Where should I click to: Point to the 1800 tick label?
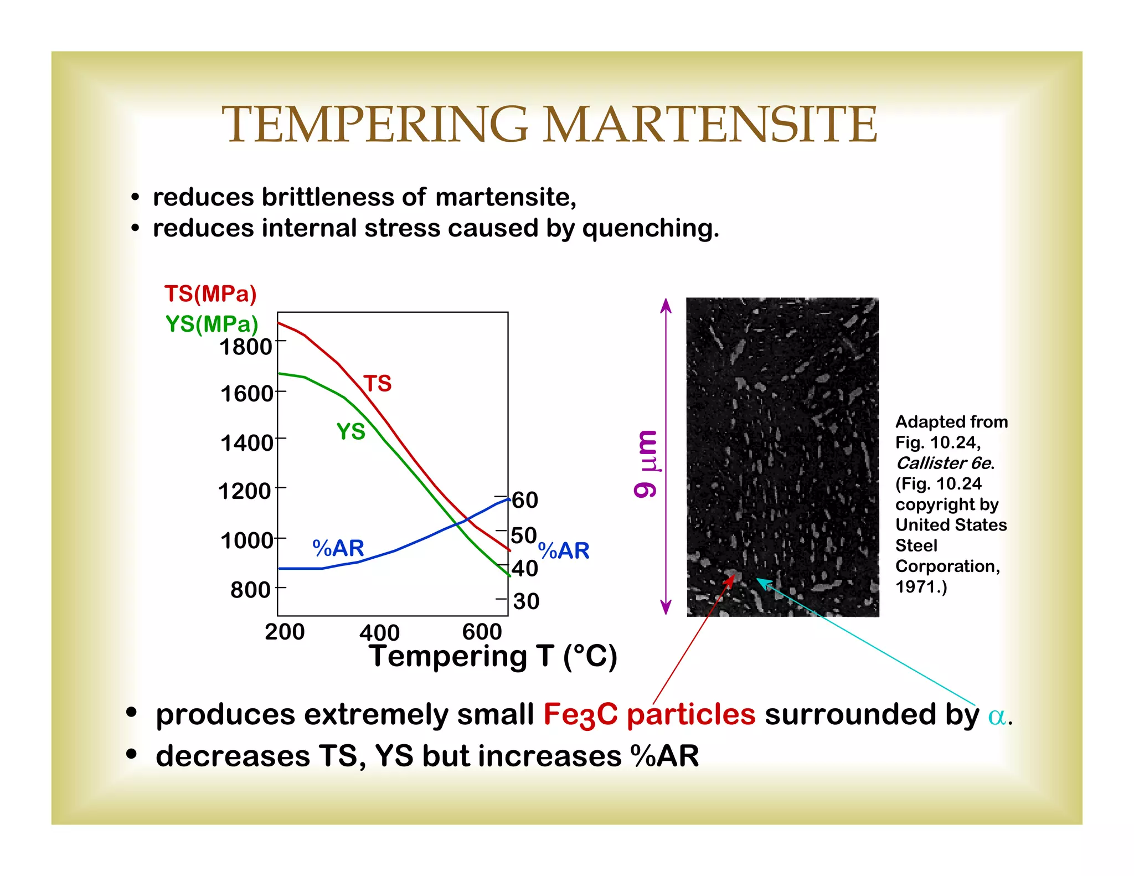(246, 347)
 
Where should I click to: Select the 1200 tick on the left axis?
(245, 491)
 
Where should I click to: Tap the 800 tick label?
(250, 590)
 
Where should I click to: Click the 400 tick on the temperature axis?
(379, 632)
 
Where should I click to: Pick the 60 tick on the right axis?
(525, 500)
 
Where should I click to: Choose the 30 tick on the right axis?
(526, 601)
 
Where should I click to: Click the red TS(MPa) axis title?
(210, 294)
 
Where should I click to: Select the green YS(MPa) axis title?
(212, 324)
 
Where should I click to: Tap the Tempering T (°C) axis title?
(493, 657)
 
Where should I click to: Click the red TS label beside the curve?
(378, 383)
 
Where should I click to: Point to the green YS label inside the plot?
(351, 431)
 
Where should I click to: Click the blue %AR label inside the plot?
(338, 548)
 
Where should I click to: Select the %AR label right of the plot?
(564, 550)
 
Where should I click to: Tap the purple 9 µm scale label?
(646, 464)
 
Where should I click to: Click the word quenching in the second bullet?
(651, 228)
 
